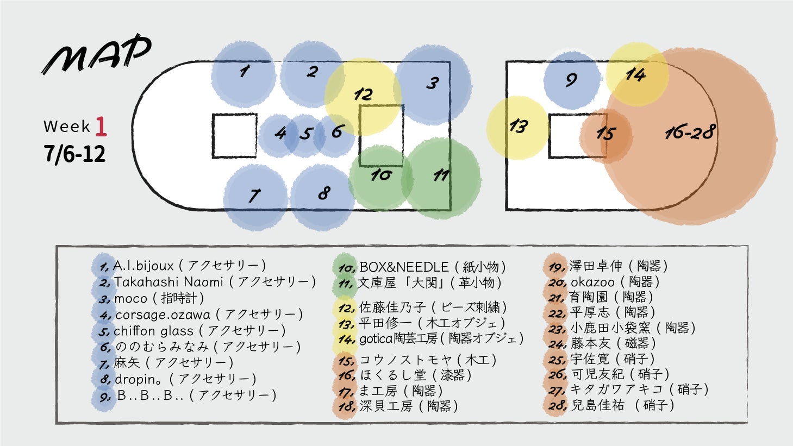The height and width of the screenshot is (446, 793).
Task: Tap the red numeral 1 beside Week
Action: pos(101,127)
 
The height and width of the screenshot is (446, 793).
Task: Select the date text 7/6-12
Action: pos(75,154)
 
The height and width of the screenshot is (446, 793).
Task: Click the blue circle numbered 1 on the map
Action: pos(243,74)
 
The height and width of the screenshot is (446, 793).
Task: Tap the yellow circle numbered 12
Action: pos(363,96)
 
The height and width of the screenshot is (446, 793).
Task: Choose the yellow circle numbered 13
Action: pos(517,127)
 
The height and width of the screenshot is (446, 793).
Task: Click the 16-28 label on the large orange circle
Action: pos(689,133)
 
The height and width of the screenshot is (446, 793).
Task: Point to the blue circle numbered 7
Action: pos(255,196)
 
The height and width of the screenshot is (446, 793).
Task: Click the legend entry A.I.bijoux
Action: pos(143,266)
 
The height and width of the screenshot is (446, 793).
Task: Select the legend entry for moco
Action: pos(131,298)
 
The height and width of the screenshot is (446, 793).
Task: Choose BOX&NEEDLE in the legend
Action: pos(404,267)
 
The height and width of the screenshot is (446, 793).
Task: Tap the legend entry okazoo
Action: pos(592,282)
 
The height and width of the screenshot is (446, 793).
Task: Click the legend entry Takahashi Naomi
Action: pos(168,282)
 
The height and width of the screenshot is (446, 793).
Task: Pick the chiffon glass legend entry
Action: pos(154,331)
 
